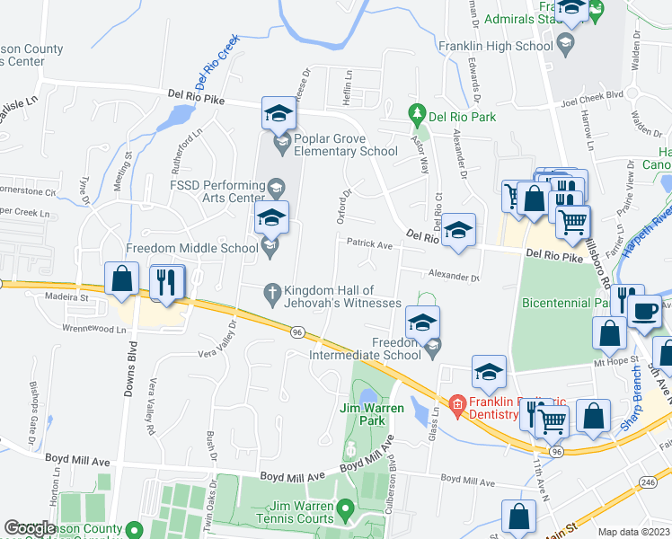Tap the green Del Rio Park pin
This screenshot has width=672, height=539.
(x=416, y=114)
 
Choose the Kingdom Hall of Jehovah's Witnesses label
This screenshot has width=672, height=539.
(x=342, y=296)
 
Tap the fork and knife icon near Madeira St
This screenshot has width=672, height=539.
(x=166, y=281)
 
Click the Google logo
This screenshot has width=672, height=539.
(x=30, y=528)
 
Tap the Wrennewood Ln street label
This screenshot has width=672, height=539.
(x=95, y=330)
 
